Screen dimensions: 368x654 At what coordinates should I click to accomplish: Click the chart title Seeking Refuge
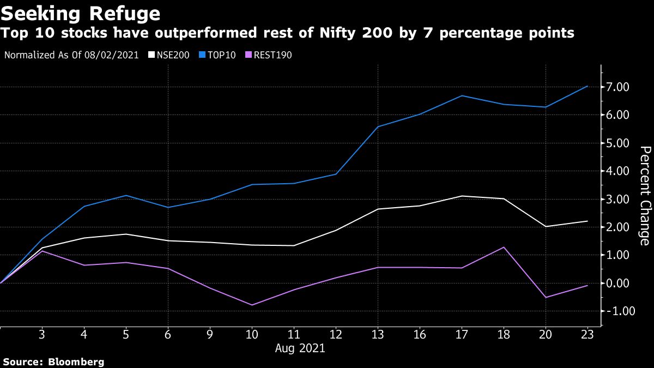(x=81, y=13)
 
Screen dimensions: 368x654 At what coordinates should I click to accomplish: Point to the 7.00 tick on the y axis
(x=619, y=87)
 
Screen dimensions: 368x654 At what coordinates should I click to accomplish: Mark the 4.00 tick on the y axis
(x=619, y=171)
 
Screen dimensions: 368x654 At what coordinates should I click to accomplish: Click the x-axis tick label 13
(x=378, y=334)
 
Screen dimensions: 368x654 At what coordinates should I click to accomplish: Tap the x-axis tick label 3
(x=42, y=334)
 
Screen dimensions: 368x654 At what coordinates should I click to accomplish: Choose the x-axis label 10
(x=252, y=334)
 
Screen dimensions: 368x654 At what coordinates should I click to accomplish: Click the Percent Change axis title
(x=644, y=195)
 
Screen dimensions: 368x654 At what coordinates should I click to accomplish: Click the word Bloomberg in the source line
(x=76, y=361)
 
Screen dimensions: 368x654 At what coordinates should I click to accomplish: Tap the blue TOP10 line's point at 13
(x=378, y=126)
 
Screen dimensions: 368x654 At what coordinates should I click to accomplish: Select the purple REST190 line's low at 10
(x=252, y=305)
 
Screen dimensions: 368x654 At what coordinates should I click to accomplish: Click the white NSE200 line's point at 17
(x=462, y=196)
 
